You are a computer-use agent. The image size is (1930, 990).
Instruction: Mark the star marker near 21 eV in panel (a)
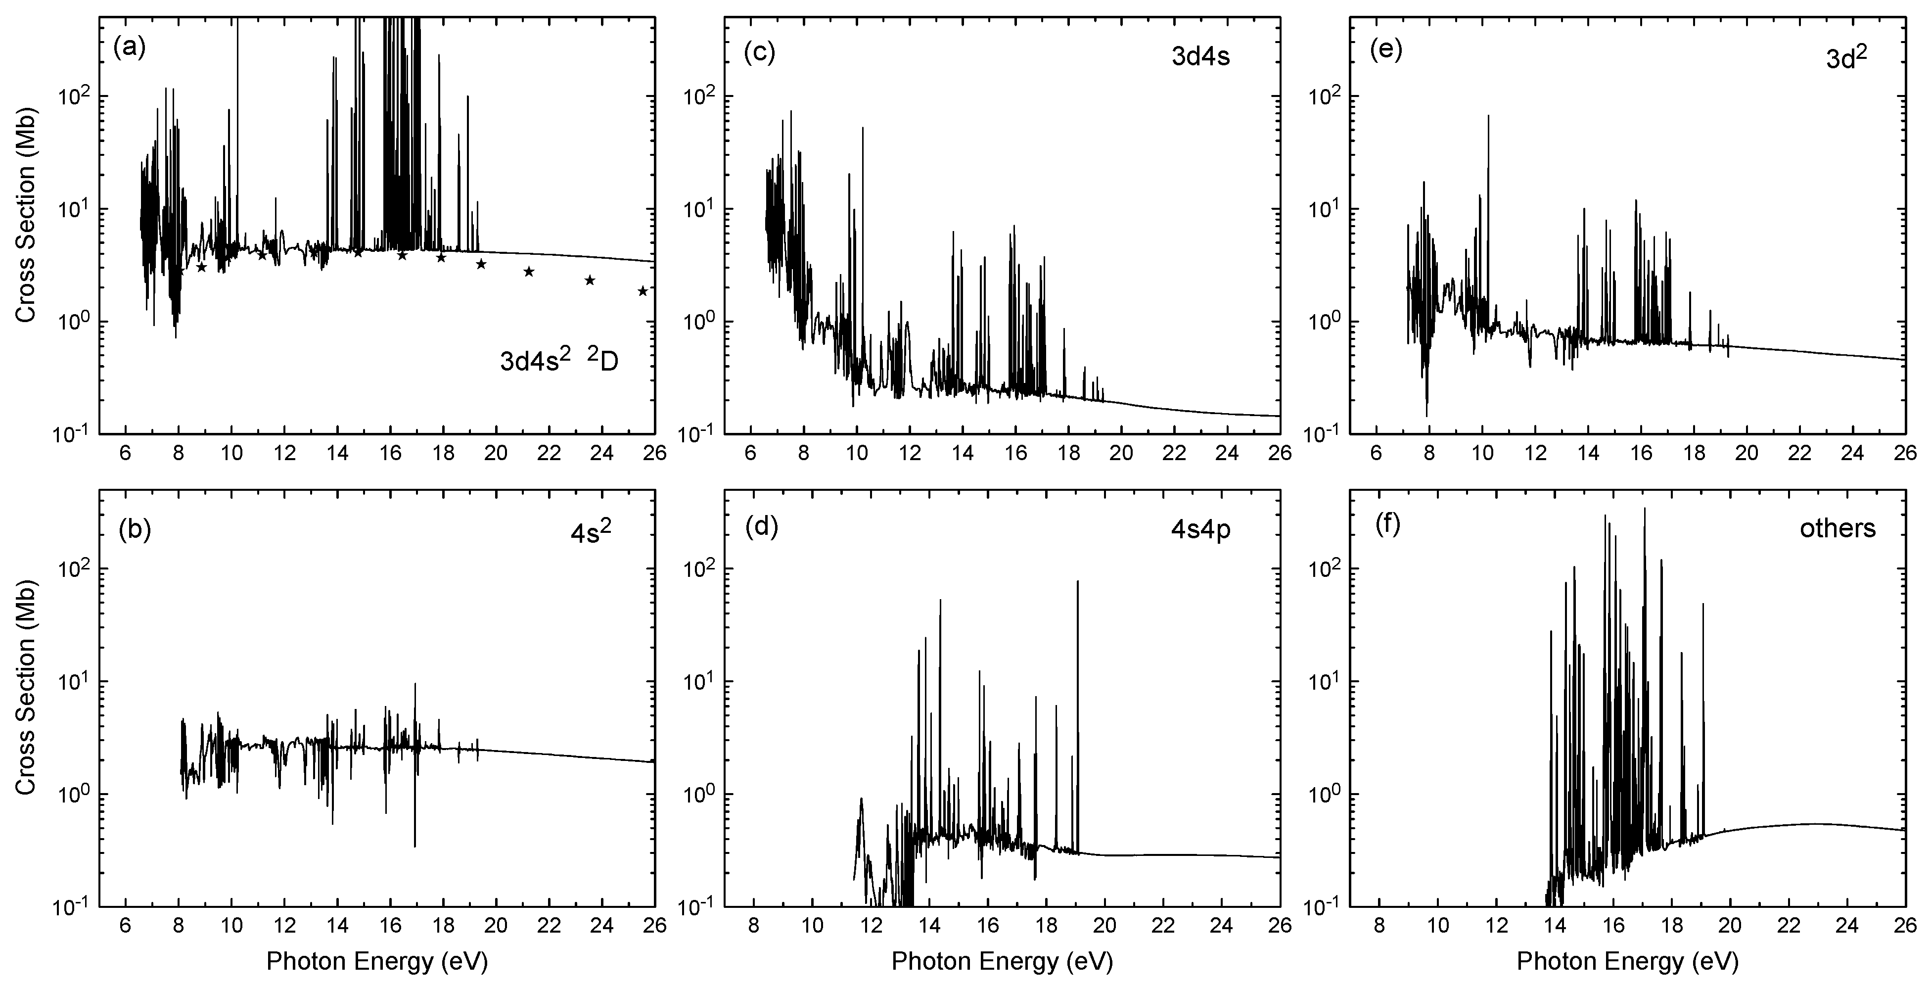tap(529, 271)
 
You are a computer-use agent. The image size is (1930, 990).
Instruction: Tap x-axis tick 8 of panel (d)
tap(754, 926)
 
